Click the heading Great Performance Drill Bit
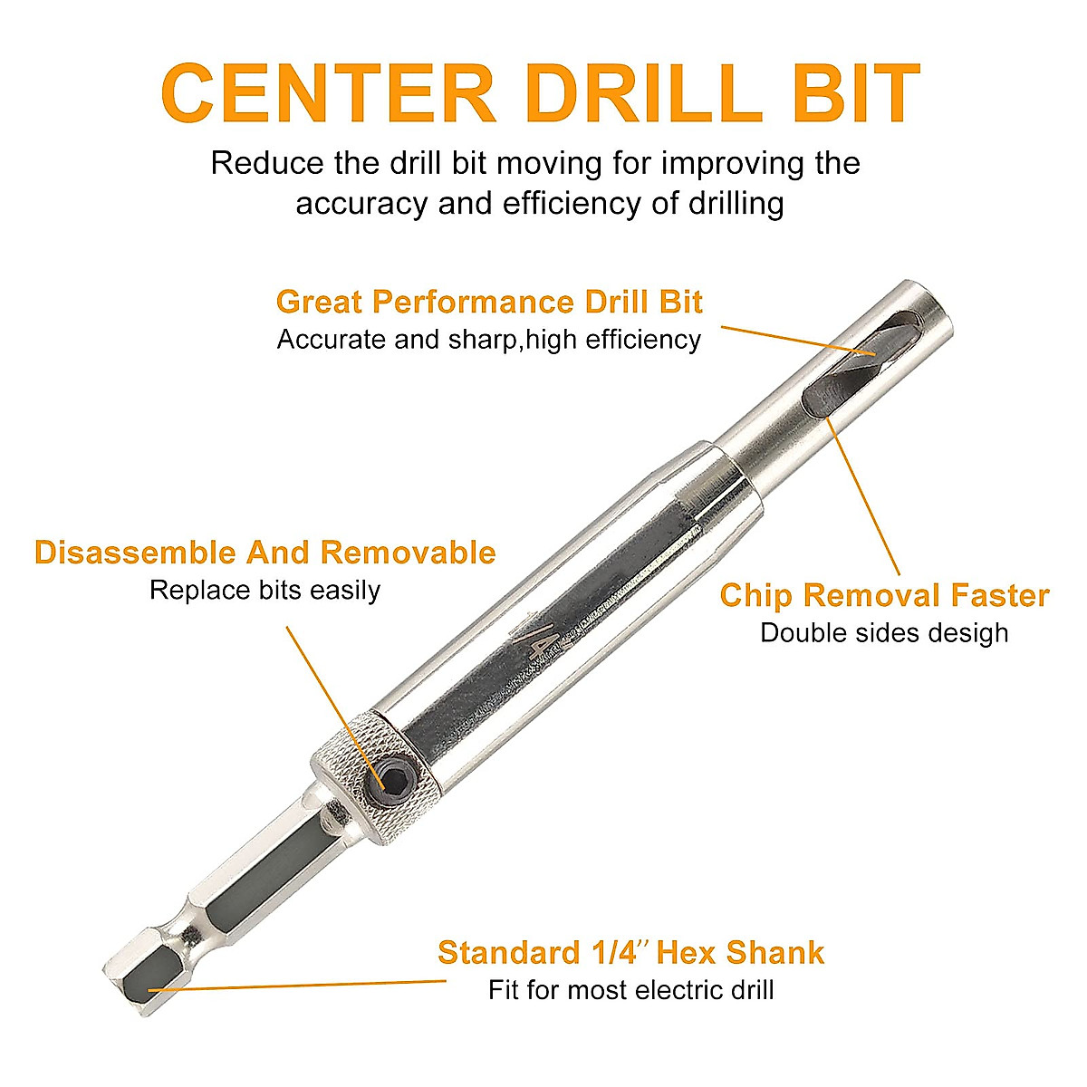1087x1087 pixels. coord(489,302)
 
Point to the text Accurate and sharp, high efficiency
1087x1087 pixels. coord(489,340)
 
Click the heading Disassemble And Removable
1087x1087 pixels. coord(265,553)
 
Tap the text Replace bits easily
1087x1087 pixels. coord(265,591)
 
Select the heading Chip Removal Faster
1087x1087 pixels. coord(884,596)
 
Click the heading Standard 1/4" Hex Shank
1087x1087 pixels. coord(630,953)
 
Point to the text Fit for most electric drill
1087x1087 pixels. coord(630,989)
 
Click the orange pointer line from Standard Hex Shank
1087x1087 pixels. coord(299,985)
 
